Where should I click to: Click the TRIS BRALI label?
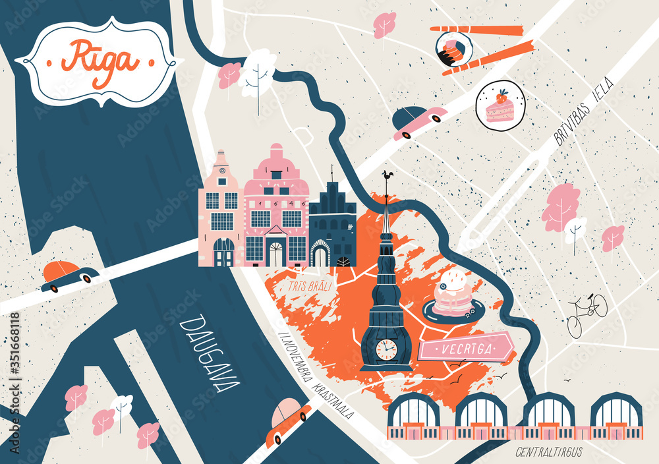coord(309,287)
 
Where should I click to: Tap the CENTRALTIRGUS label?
coord(548,452)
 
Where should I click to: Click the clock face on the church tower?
coord(386,349)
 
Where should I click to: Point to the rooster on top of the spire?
coord(388,177)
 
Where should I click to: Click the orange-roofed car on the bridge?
coord(69,275)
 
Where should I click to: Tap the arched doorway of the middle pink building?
coord(275,253)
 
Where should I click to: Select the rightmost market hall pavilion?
coord(616,417)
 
